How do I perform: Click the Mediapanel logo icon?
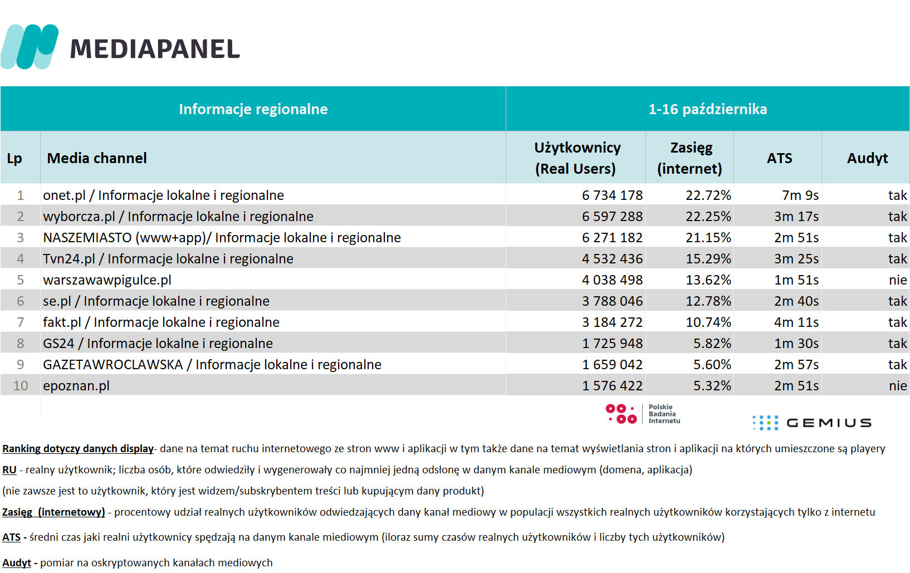pyautogui.click(x=30, y=47)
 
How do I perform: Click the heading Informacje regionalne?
pyautogui.click(x=253, y=109)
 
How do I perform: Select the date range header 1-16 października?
pyautogui.click(x=707, y=109)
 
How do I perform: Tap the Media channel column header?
pyautogui.click(x=97, y=158)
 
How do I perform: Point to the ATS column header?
pyautogui.click(x=779, y=158)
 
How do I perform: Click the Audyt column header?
pyautogui.click(x=867, y=158)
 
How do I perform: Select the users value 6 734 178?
pyautogui.click(x=612, y=195)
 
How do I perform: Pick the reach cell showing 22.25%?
pyautogui.click(x=708, y=217)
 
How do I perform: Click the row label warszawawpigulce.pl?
pyautogui.click(x=107, y=280)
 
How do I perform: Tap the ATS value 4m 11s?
pyautogui.click(x=796, y=322)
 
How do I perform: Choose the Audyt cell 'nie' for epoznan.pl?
pyautogui.click(x=898, y=385)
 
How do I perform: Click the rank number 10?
pyautogui.click(x=21, y=385)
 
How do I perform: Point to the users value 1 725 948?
pyautogui.click(x=612, y=343)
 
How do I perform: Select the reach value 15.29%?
pyautogui.click(x=708, y=259)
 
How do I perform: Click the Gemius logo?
pyautogui.click(x=811, y=423)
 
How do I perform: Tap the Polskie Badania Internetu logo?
pyautogui.click(x=643, y=414)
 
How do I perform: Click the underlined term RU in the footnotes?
pyautogui.click(x=9, y=470)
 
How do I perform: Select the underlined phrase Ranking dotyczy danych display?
pyautogui.click(x=78, y=449)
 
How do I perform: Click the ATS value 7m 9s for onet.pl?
pyautogui.click(x=800, y=195)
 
